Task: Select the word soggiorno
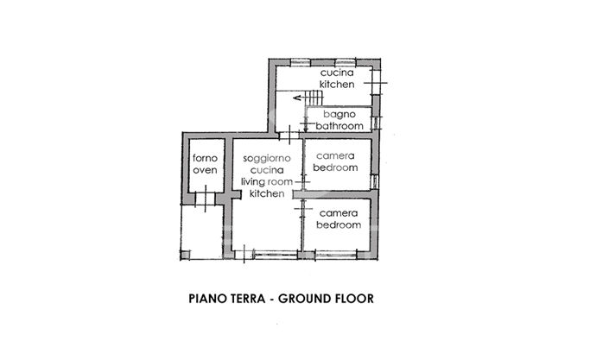tap(265, 159)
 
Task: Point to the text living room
tap(265, 182)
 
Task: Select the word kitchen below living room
tap(266, 194)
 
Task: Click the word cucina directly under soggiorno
tap(265, 171)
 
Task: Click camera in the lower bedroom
tap(338, 212)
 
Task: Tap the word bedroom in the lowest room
tap(338, 224)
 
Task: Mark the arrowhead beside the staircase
tap(296, 98)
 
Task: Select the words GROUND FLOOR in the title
tap(329, 300)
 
